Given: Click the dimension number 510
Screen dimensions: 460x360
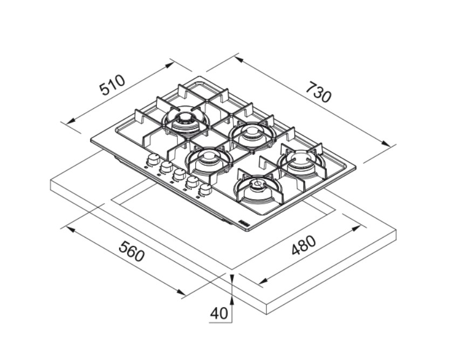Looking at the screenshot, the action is click(x=112, y=85).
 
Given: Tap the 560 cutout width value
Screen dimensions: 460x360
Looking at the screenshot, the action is click(x=132, y=251).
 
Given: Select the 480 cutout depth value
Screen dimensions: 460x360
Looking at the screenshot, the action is click(x=304, y=245).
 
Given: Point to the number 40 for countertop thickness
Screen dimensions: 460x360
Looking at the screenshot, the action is click(x=219, y=314).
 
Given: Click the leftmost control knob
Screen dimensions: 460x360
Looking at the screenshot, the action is click(x=152, y=160).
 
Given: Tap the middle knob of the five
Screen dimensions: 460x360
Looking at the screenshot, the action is click(x=178, y=175).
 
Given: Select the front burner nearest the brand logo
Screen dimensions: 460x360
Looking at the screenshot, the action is click(x=258, y=190).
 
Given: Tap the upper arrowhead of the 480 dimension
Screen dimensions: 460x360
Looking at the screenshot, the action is click(x=356, y=228).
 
